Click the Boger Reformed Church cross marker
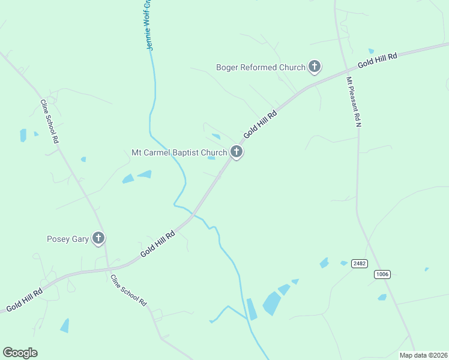[315, 67]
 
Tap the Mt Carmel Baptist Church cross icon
[237, 152]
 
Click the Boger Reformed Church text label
[261, 67]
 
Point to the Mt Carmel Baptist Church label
[179, 152]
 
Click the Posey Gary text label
[68, 239]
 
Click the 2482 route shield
[360, 263]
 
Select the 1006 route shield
[382, 274]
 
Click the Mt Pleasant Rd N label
[354, 101]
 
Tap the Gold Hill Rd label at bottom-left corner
[24, 300]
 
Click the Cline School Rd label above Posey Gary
[49, 121]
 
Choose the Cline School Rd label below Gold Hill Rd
[128, 291]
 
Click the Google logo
[20, 353]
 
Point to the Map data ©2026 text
[423, 355]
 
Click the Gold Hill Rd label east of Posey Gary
[157, 244]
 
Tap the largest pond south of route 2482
[271, 304]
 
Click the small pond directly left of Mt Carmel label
[128, 178]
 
